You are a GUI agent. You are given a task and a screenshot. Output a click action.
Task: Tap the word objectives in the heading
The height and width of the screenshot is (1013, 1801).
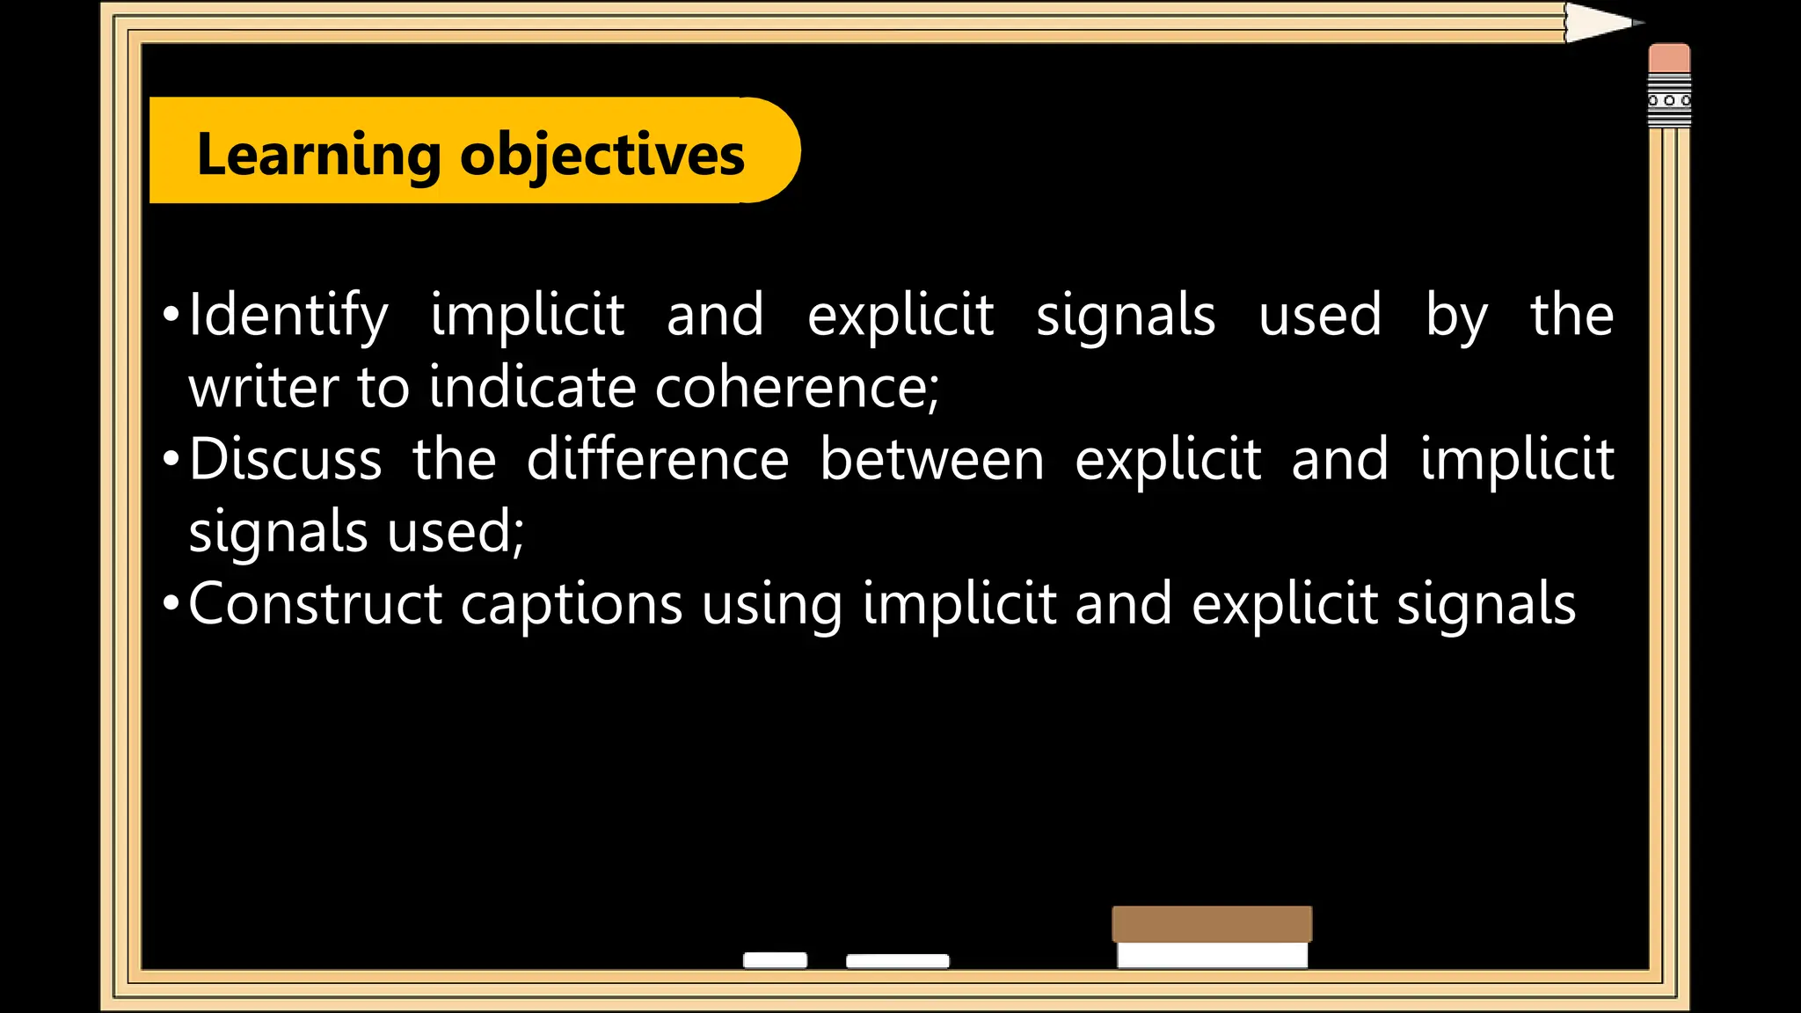pos(602,155)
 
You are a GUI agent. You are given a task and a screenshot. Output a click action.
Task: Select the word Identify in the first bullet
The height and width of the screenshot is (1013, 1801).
pos(288,316)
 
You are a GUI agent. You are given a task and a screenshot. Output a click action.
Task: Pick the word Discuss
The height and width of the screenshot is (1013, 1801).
pos(286,459)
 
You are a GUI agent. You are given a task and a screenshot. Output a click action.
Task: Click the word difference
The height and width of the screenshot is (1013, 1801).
pos(657,459)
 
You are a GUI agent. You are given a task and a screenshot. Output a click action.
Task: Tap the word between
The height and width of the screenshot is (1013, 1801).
pos(931,459)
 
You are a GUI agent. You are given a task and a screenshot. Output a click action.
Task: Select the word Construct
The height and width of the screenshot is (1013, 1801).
pos(315,604)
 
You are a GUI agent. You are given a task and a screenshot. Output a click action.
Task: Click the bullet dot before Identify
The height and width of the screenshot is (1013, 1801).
pos(171,315)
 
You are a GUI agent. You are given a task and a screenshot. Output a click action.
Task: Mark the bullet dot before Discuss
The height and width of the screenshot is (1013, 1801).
pos(171,459)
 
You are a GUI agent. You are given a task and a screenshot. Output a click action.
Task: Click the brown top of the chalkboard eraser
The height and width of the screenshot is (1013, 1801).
pos(1212,924)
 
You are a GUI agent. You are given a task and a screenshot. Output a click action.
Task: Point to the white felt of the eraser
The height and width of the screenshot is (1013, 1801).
pos(1212,955)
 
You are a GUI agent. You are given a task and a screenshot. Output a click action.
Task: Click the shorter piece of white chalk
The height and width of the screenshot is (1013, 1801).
pos(775,960)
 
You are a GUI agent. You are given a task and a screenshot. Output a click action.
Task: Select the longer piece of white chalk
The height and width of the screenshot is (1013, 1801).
pos(897,961)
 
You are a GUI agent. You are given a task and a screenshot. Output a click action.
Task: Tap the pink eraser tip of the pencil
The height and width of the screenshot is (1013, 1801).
pos(1669,58)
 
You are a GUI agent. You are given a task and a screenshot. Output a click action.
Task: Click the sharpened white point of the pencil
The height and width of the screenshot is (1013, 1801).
pos(1600,23)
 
